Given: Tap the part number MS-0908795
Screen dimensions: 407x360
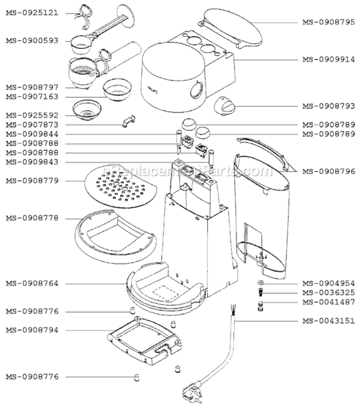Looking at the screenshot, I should pyautogui.click(x=328, y=22).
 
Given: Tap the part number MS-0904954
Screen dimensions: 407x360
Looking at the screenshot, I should pyautogui.click(x=328, y=283).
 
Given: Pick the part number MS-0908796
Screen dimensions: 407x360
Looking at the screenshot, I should pyautogui.click(x=328, y=171).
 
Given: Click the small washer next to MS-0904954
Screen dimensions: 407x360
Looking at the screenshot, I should pyautogui.click(x=261, y=283).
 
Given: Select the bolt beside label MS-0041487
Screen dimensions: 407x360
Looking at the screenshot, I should pyautogui.click(x=261, y=304).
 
